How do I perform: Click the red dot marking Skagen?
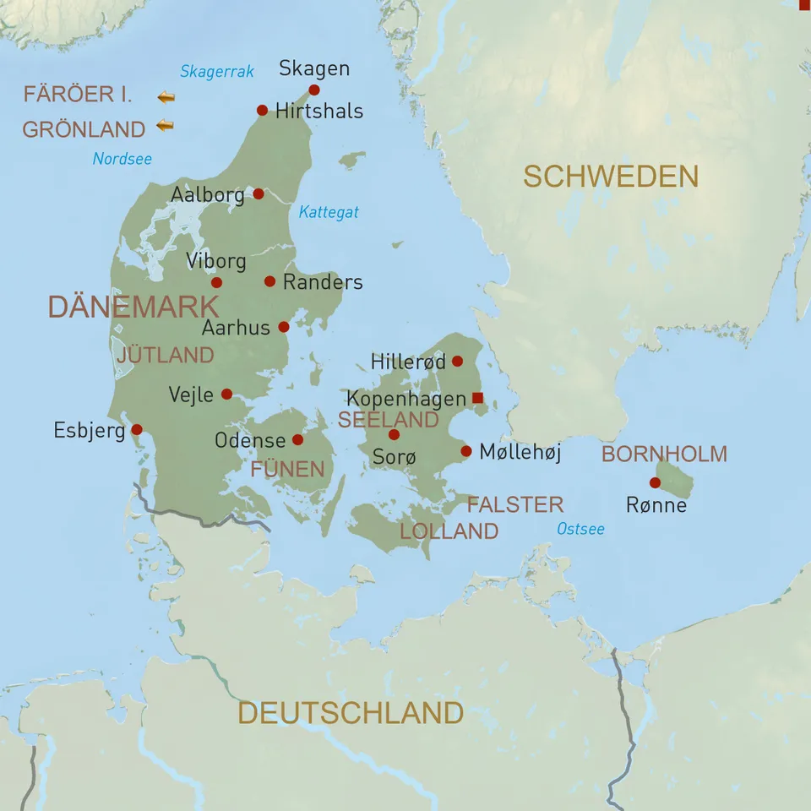(x=314, y=90)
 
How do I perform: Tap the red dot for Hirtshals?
(x=262, y=110)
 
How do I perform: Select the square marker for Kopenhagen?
(x=477, y=397)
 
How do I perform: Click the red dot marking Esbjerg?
(x=137, y=429)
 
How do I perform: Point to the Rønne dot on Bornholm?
(x=655, y=482)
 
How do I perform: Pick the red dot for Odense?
(x=297, y=439)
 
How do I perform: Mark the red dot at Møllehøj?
(x=465, y=451)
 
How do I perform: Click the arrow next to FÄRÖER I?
(x=166, y=97)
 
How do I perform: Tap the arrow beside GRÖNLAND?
(x=166, y=127)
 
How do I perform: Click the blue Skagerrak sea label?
(x=217, y=72)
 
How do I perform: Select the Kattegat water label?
(x=329, y=212)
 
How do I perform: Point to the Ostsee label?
(x=580, y=529)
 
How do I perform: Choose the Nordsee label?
(x=122, y=158)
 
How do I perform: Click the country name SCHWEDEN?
(x=611, y=177)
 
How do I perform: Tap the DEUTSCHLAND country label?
(x=351, y=712)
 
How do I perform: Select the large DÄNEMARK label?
(x=133, y=307)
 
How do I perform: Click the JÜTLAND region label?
(x=166, y=355)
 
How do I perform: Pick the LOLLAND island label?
(x=449, y=531)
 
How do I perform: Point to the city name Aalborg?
(x=207, y=194)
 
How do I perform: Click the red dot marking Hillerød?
(x=457, y=361)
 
